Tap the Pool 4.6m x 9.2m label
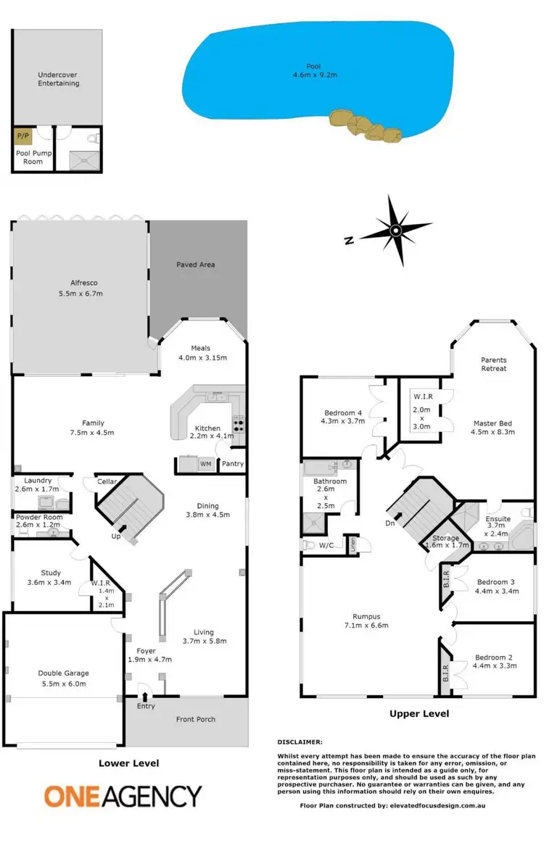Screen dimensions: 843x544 tap(313, 71)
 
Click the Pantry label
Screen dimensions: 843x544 tap(233, 464)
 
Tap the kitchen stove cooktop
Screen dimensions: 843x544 tap(238, 424)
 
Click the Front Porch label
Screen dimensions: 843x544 tap(196, 719)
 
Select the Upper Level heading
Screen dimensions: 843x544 tap(419, 714)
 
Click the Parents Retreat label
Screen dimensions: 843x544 tap(494, 364)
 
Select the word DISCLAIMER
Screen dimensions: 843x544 tap(300, 742)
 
